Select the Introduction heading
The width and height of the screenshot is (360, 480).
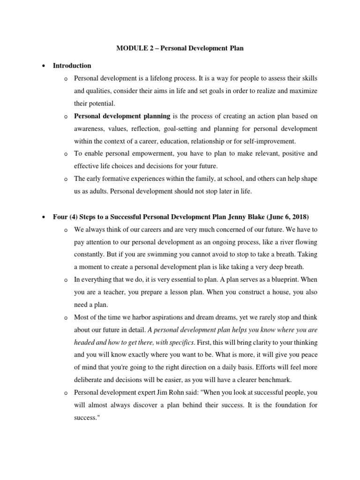point(72,66)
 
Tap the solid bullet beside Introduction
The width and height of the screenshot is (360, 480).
point(44,66)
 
